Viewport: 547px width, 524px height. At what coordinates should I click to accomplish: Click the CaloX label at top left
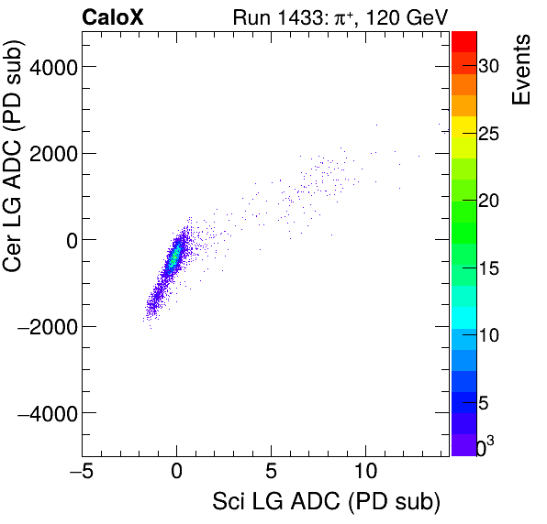point(114,16)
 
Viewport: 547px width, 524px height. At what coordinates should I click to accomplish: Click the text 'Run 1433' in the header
point(271,16)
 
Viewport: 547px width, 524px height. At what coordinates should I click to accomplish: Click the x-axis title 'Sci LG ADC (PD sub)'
point(326,503)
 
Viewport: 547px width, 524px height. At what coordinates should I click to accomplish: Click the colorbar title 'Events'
point(522,71)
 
